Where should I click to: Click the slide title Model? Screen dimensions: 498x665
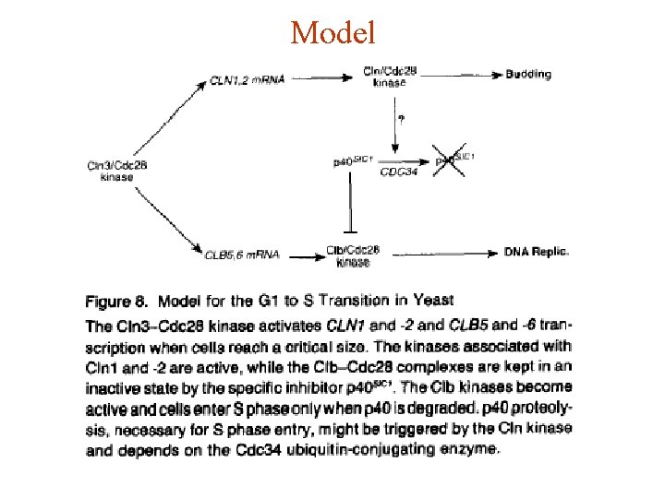click(332, 34)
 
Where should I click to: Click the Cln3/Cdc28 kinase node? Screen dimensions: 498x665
click(117, 171)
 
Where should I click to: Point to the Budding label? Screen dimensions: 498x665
click(528, 74)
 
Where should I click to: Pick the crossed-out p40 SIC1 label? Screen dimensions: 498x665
click(455, 160)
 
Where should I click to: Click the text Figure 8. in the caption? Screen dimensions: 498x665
click(117, 302)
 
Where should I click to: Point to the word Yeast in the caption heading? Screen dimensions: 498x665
click(433, 301)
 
